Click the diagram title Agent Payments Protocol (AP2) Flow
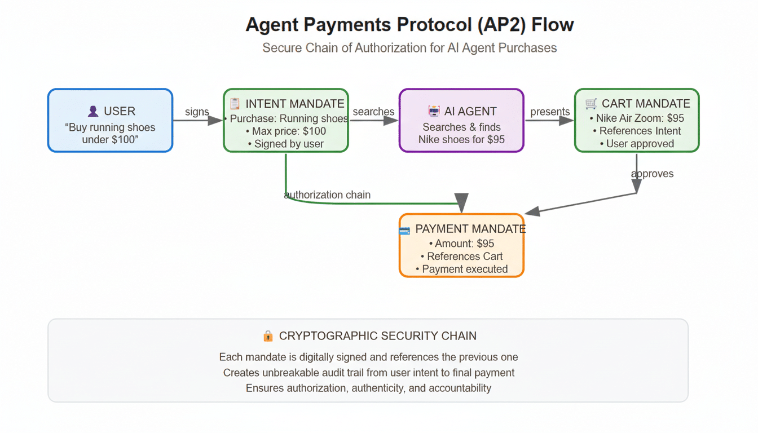pyautogui.click(x=409, y=25)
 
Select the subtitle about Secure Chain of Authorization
pyautogui.click(x=409, y=48)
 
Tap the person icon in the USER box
pyautogui.click(x=93, y=112)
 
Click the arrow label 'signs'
pyautogui.click(x=197, y=112)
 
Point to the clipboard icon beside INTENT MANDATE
pyautogui.click(x=235, y=104)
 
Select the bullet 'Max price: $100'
pyautogui.click(x=286, y=131)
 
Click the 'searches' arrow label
pyautogui.click(x=373, y=112)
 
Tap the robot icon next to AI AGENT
pyautogui.click(x=434, y=112)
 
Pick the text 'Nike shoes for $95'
pyautogui.click(x=461, y=139)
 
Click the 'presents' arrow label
pyautogui.click(x=550, y=112)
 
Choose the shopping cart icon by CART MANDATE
pyautogui.click(x=590, y=104)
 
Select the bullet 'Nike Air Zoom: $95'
pyautogui.click(x=637, y=118)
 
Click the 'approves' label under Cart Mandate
pyautogui.click(x=652, y=174)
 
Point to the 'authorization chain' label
pyautogui.click(x=328, y=195)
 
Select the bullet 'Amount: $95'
pyautogui.click(x=461, y=244)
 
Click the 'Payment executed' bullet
pyautogui.click(x=461, y=269)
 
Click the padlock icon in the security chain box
pyautogui.click(x=268, y=336)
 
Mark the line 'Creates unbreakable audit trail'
pyautogui.click(x=368, y=373)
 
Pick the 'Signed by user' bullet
pyautogui.click(x=286, y=144)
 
